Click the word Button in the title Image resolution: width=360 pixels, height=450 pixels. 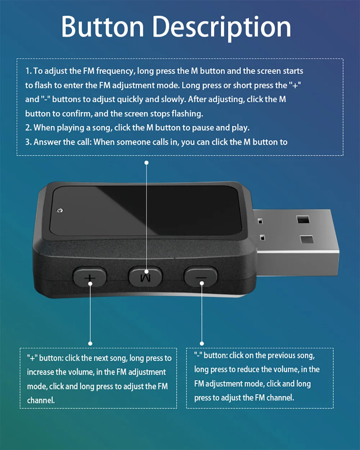coord(103,27)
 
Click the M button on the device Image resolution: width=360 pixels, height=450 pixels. coord(145,276)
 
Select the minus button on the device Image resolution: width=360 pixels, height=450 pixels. coord(201,276)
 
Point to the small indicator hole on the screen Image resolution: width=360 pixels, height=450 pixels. coord(60,210)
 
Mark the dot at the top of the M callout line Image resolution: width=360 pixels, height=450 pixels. coord(147,163)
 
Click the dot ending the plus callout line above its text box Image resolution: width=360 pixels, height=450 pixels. coord(90,343)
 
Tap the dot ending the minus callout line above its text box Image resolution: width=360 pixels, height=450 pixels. coord(202,343)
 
